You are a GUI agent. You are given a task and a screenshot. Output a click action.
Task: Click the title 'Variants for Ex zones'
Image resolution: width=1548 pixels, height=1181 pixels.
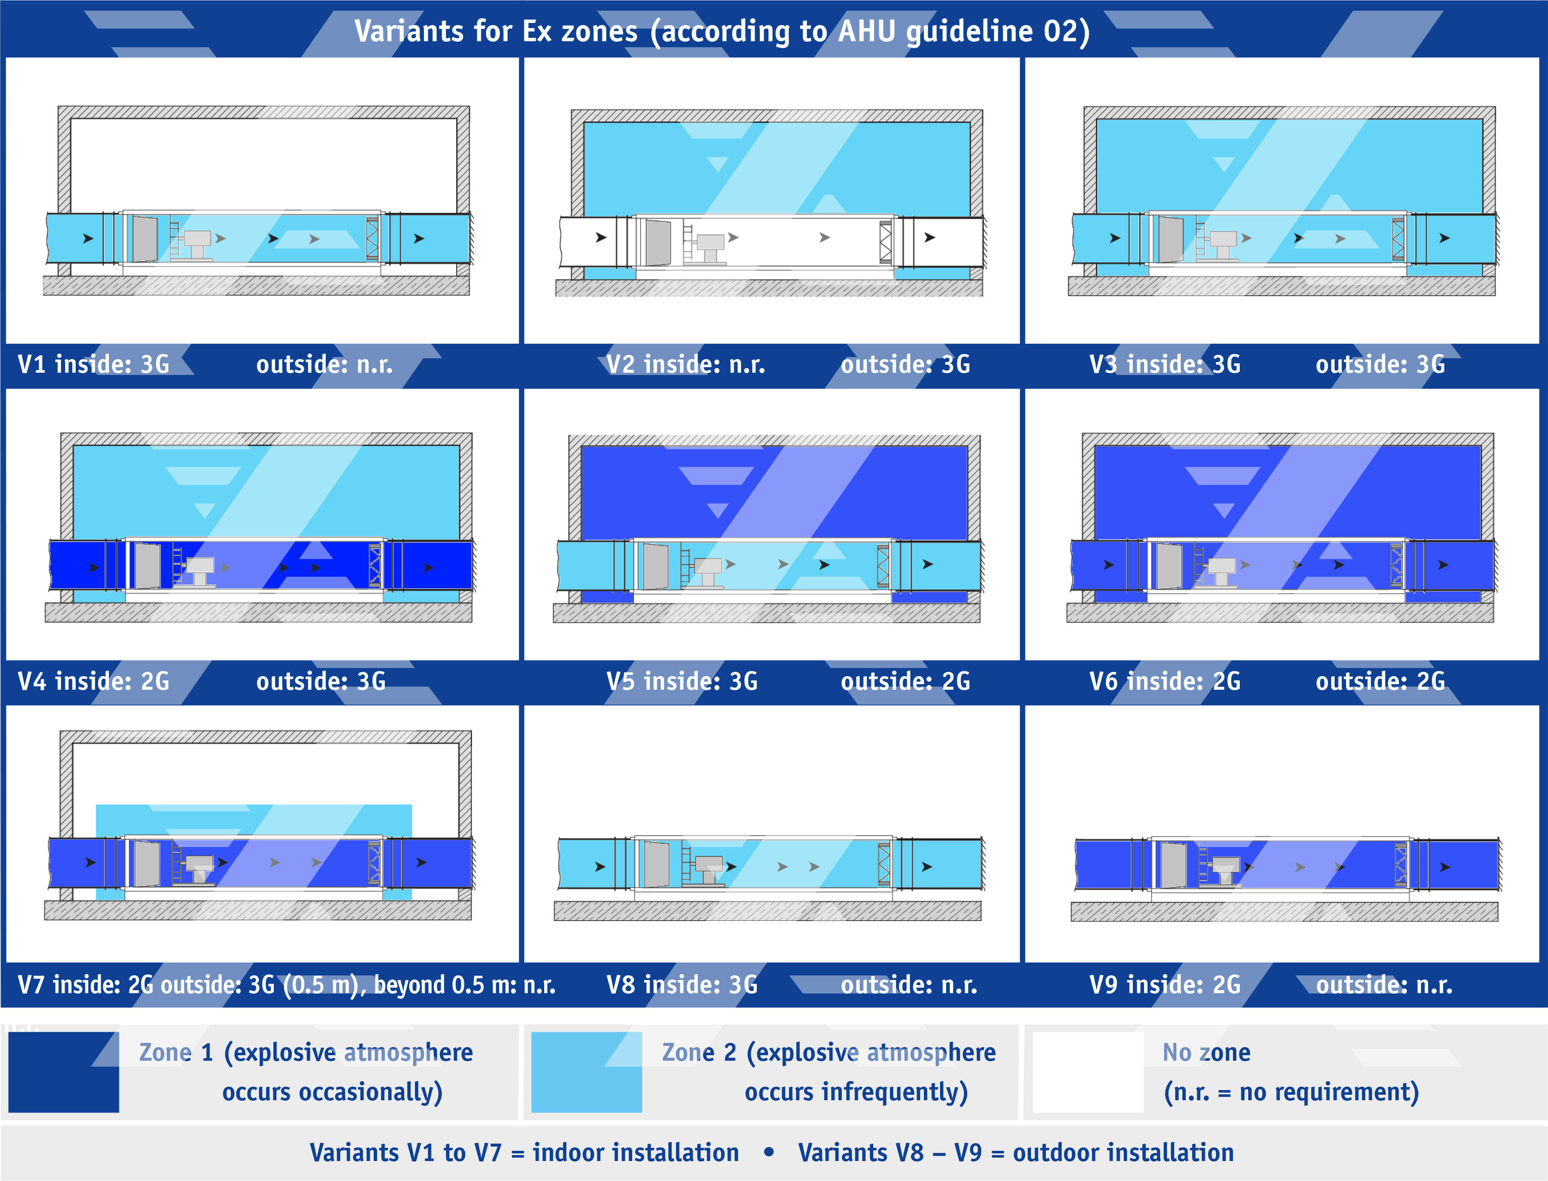[495, 31]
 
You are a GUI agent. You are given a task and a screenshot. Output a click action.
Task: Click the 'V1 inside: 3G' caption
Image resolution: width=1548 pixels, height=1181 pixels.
[94, 364]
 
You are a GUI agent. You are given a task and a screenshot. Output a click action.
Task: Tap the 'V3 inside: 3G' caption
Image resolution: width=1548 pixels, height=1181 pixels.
[1165, 364]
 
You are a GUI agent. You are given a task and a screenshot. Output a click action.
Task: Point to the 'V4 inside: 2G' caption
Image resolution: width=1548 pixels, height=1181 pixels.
[94, 681]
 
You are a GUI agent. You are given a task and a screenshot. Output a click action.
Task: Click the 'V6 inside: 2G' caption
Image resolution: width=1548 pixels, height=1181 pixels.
[1165, 681]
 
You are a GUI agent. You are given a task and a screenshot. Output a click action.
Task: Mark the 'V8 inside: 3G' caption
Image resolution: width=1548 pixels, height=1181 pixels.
[682, 985]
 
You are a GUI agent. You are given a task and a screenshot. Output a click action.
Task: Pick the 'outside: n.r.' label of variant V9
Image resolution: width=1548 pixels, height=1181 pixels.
[1384, 985]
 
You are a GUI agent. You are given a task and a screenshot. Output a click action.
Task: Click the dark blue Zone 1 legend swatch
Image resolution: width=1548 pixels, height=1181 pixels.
[63, 1072]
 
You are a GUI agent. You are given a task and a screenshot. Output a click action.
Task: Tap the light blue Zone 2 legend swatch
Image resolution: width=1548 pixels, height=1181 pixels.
[587, 1072]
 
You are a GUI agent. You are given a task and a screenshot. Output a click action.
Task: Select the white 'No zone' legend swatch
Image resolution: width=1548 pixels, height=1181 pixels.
[1088, 1072]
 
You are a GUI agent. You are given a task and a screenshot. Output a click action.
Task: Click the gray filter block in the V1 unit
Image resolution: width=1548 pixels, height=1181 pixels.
[145, 239]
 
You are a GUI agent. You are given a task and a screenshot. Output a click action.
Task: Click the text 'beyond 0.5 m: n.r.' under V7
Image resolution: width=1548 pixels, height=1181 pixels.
[464, 985]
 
